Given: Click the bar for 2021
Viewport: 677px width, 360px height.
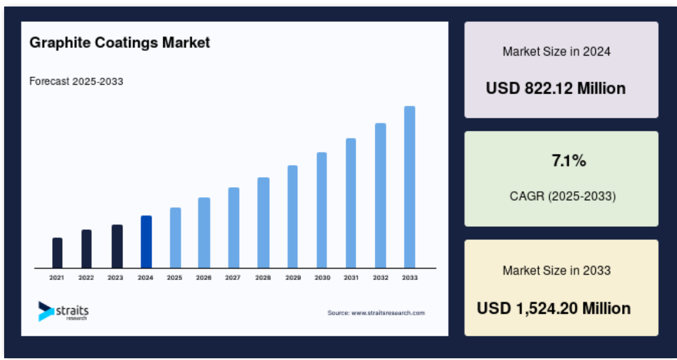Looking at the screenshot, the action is pyautogui.click(x=57, y=253).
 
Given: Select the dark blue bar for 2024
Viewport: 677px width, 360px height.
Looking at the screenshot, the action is pyautogui.click(x=146, y=242).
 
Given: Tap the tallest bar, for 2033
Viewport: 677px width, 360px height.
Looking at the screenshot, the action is pyautogui.click(x=410, y=187).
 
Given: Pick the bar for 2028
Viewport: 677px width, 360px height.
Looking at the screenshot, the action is pyautogui.click(x=263, y=223).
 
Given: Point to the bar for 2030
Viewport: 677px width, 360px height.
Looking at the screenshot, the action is pyautogui.click(x=322, y=210).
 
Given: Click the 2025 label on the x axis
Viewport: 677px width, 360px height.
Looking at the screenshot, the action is pyautogui.click(x=175, y=278).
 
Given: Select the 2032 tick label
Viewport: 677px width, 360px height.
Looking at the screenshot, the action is pyautogui.click(x=381, y=278).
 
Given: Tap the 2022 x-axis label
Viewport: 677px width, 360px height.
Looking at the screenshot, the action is pyautogui.click(x=86, y=278).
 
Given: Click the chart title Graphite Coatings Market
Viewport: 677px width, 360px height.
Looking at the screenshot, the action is pyautogui.click(x=120, y=43).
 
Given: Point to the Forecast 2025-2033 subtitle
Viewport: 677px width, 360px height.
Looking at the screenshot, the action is pyautogui.click(x=76, y=81).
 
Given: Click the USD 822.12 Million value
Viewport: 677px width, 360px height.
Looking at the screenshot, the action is pyautogui.click(x=556, y=88).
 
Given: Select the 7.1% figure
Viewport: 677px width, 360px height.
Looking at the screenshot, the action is pyautogui.click(x=569, y=161).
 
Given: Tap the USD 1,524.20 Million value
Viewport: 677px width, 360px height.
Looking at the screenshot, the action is pyautogui.click(x=554, y=308).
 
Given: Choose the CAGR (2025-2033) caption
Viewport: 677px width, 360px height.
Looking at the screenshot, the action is pyautogui.click(x=563, y=197).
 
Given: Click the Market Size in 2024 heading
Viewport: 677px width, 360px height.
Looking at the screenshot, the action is pyautogui.click(x=556, y=52).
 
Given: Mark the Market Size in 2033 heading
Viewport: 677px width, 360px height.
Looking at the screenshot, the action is pyautogui.click(x=556, y=271).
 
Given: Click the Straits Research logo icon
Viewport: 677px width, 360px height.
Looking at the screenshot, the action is pyautogui.click(x=46, y=311).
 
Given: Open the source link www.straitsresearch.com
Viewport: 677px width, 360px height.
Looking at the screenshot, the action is pyautogui.click(x=388, y=313).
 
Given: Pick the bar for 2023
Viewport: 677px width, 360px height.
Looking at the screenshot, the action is pyautogui.click(x=117, y=246).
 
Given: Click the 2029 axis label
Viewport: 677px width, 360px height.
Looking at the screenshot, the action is pyautogui.click(x=293, y=278).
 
